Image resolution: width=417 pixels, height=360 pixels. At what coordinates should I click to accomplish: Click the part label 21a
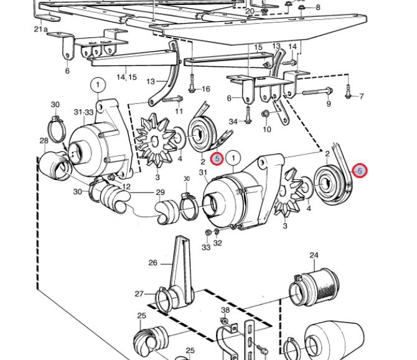40,29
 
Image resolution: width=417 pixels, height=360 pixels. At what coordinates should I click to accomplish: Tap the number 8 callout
318,7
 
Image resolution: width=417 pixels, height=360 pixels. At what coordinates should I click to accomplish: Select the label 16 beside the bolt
206,89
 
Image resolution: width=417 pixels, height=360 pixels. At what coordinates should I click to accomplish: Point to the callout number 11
179,111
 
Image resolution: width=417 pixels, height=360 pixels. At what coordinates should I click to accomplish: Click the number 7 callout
361,97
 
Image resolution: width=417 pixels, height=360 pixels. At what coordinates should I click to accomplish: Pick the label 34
233,121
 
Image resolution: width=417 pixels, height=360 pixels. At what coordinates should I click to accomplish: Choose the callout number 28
44,141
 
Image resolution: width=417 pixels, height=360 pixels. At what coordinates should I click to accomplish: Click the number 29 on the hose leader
160,192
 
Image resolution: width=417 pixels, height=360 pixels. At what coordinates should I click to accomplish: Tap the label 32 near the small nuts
217,244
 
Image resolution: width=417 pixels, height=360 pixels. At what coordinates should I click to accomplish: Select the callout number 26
153,263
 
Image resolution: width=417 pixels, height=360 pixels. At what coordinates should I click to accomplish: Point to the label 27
139,294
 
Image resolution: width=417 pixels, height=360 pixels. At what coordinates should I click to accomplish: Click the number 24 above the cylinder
314,255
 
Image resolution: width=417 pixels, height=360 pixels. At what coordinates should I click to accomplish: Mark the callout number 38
225,310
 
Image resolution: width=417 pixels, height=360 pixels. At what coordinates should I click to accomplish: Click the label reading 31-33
83,112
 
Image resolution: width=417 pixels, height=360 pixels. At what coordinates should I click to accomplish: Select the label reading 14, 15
126,77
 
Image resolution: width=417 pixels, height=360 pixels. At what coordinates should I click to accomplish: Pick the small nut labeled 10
266,114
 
